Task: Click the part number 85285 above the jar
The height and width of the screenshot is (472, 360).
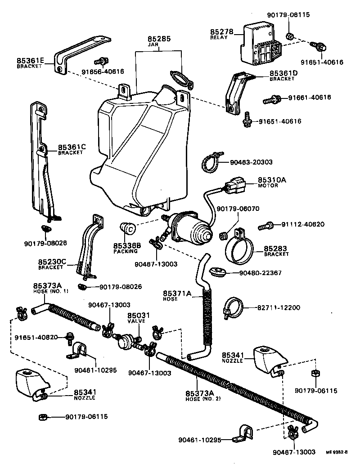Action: click(x=159, y=39)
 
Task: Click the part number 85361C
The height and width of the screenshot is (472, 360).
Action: click(x=71, y=147)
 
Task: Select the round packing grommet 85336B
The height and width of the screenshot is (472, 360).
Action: click(x=128, y=228)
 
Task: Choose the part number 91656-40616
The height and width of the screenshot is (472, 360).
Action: click(x=103, y=71)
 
